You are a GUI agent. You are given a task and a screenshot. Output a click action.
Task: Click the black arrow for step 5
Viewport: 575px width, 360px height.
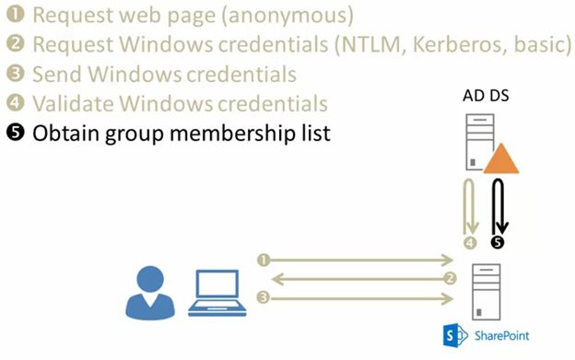click(x=499, y=208)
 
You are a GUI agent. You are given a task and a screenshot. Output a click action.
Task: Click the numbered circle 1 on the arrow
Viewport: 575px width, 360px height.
click(x=264, y=261)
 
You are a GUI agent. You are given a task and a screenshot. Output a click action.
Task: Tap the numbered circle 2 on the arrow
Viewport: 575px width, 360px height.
click(x=450, y=278)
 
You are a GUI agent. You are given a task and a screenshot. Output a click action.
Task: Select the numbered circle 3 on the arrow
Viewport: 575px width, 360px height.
click(x=264, y=297)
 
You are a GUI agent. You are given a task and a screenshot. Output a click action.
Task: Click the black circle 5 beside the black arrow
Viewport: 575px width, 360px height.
click(x=499, y=243)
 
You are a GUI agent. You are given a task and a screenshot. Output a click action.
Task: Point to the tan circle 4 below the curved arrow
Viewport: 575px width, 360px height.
click(x=470, y=243)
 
